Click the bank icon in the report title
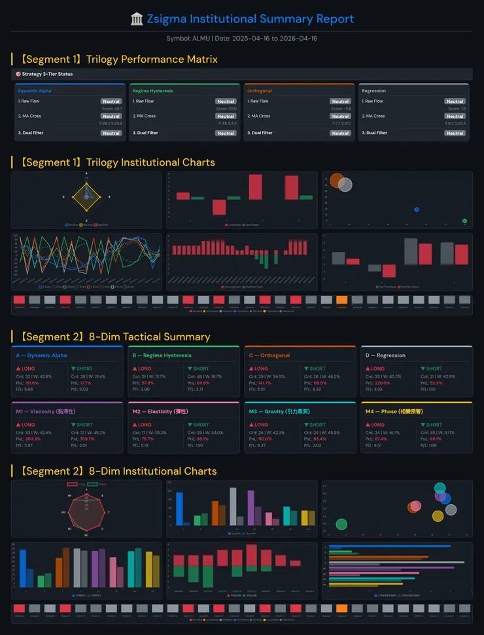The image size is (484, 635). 137,19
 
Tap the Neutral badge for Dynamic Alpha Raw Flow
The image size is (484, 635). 111,101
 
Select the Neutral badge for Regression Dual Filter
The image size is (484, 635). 455,133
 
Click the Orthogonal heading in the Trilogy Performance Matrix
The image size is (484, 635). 260,91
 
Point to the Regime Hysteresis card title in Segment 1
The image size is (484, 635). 152,91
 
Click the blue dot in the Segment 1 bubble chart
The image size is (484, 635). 417,209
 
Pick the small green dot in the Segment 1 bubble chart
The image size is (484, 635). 464,221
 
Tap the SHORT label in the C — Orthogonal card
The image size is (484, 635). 317,369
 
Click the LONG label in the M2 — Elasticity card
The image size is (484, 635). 145,425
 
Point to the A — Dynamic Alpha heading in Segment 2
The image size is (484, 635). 41,355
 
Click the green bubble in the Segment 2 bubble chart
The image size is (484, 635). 341,524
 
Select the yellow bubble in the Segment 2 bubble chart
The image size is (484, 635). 438,516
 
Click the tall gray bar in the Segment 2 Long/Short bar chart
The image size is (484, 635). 233,506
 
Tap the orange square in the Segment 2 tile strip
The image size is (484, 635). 341,608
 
